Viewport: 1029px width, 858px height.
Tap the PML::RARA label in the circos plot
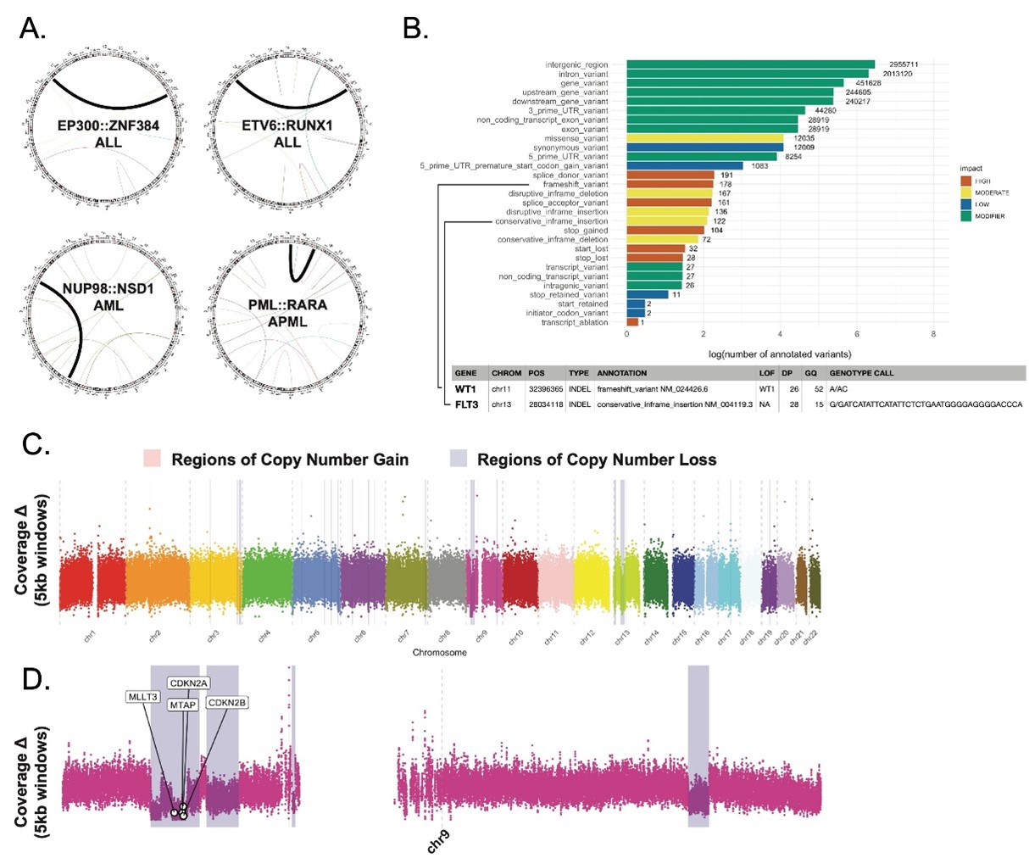(288, 304)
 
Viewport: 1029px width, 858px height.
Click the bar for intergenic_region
(750, 64)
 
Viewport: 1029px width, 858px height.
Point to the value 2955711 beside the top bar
(904, 64)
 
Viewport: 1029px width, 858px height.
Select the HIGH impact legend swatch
(965, 181)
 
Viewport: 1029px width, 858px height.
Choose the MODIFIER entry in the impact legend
(990, 216)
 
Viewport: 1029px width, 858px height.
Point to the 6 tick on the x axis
(857, 334)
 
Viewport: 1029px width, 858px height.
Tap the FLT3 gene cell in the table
(467, 404)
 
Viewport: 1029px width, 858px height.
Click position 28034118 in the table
(544, 405)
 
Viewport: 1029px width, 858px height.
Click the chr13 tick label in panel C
(621, 639)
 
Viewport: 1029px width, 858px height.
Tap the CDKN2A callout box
(189, 683)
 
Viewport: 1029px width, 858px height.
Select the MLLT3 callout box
(142, 697)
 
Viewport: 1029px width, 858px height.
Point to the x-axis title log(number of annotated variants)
(780, 353)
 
